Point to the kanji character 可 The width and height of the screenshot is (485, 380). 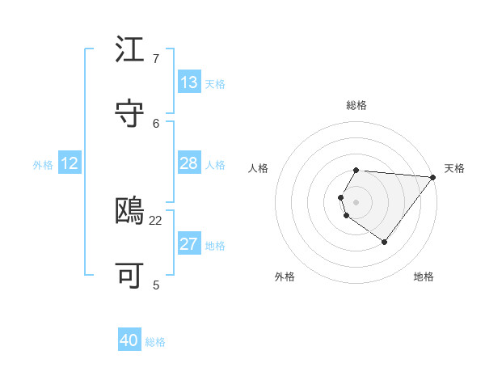tap(130, 276)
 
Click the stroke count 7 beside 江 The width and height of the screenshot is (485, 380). tap(156, 59)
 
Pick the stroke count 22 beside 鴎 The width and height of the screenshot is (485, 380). tap(156, 220)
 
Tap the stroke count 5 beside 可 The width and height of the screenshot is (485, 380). tap(156, 285)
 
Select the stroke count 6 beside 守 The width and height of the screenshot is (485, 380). tap(156, 123)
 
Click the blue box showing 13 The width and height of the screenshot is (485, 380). tap(189, 82)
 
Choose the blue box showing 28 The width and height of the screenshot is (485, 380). tap(189, 163)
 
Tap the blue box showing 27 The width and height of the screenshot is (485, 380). tap(189, 244)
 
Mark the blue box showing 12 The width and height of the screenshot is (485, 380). tap(70, 163)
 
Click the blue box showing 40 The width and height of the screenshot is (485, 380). tap(129, 340)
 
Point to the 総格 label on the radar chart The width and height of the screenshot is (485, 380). tap(356, 105)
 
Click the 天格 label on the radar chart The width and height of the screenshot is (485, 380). tap(454, 168)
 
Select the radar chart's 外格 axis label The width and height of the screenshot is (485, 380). tap(285, 277)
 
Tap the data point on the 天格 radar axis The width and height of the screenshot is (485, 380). tap(433, 177)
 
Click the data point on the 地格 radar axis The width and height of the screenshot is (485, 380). tap(384, 242)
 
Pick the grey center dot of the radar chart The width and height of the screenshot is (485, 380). tap(356, 201)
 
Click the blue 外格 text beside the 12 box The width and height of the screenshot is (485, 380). tap(43, 165)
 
